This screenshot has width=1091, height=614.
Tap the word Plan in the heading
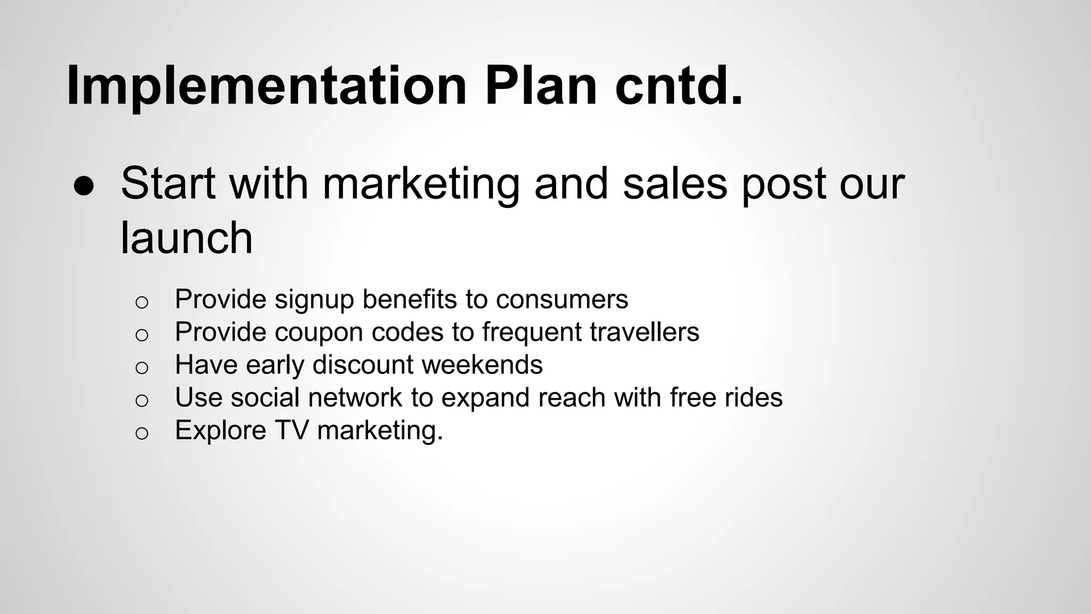point(541,85)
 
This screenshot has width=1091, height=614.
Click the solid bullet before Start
point(84,186)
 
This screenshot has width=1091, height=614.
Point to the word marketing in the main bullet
point(421,184)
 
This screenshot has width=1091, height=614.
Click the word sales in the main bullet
point(674,183)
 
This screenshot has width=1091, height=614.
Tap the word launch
point(186,238)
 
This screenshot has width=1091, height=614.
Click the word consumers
point(561,299)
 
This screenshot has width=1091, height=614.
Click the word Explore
point(221,431)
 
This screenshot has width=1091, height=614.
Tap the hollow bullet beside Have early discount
point(141,367)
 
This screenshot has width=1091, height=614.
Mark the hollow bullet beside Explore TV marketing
point(141,433)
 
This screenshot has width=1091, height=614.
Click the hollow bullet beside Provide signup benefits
point(141,302)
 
